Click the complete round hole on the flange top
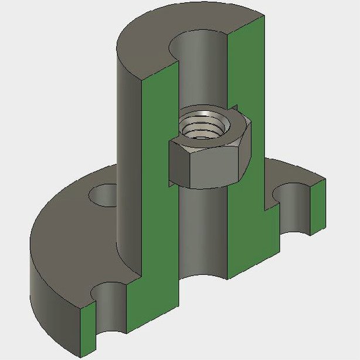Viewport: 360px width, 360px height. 104,195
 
